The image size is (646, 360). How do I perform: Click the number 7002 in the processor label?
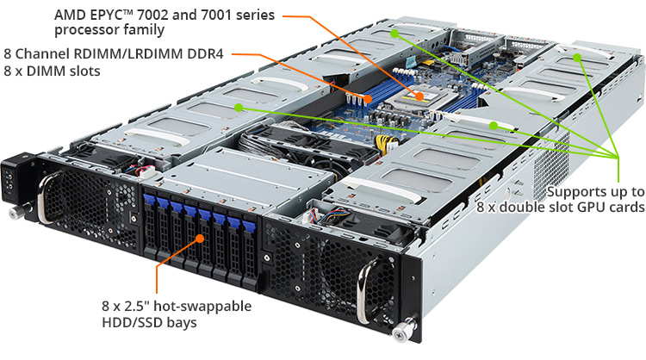152,16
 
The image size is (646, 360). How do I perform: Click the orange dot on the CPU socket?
419,96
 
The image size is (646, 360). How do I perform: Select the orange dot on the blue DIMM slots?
368,99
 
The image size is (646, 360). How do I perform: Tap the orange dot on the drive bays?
200,238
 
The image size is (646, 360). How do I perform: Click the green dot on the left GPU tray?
239,108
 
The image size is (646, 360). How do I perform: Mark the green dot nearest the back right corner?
578,57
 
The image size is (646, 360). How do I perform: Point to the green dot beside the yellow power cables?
494,126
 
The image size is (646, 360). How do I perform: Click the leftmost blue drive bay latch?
149,200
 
